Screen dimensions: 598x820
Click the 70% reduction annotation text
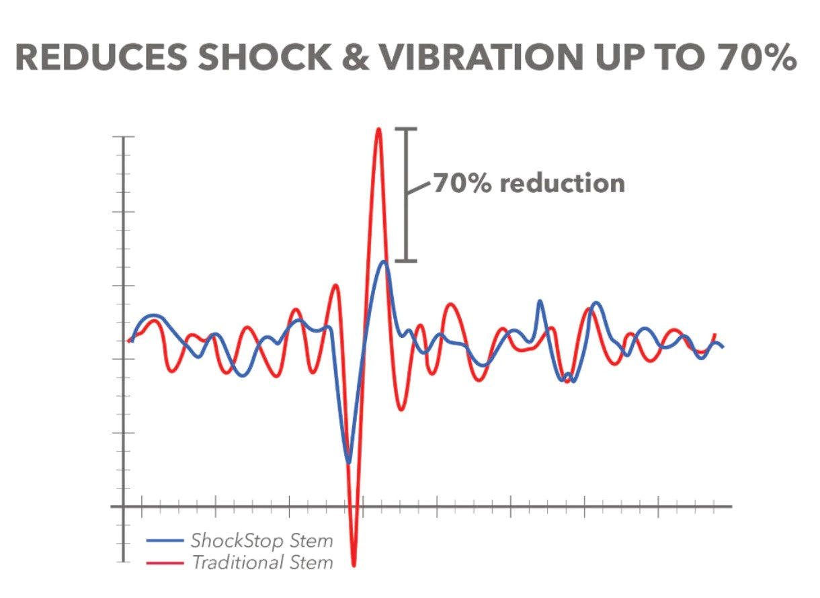528,183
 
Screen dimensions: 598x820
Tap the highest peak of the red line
378,129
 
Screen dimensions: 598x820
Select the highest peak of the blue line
384,262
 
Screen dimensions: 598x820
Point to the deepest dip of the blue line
348,462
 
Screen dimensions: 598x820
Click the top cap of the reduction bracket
406,129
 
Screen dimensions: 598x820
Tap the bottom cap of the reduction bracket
406,261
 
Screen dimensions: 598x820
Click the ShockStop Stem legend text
261,541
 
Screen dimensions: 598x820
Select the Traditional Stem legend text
262,562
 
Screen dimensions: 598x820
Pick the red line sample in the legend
164,562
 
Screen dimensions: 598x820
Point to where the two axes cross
124,507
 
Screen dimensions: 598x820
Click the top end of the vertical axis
124,137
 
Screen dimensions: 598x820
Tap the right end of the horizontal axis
730,507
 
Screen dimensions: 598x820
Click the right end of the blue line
723,347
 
